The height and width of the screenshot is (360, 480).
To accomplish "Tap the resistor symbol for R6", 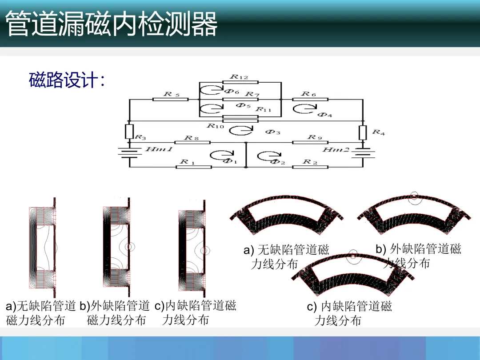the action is coord(311,99).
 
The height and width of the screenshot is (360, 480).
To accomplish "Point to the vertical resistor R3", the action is coord(129,131).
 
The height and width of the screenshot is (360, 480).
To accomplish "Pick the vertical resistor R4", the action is coord(363,132).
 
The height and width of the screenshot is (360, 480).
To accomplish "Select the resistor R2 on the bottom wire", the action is coord(310,167).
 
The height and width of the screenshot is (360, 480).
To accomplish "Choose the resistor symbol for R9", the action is coord(310,142).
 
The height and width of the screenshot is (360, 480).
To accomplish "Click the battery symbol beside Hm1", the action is coord(129,152).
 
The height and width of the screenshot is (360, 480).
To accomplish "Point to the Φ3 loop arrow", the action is coord(240,130).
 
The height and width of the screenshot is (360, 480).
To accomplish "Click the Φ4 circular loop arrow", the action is coord(304,109).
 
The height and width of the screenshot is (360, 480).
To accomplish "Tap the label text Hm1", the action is coord(159,149).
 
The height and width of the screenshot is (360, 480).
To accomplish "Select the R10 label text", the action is coord(215,126).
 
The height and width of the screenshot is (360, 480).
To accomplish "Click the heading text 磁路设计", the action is coord(67,80).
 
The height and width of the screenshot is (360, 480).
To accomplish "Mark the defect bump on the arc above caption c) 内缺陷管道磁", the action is coord(352,255).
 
